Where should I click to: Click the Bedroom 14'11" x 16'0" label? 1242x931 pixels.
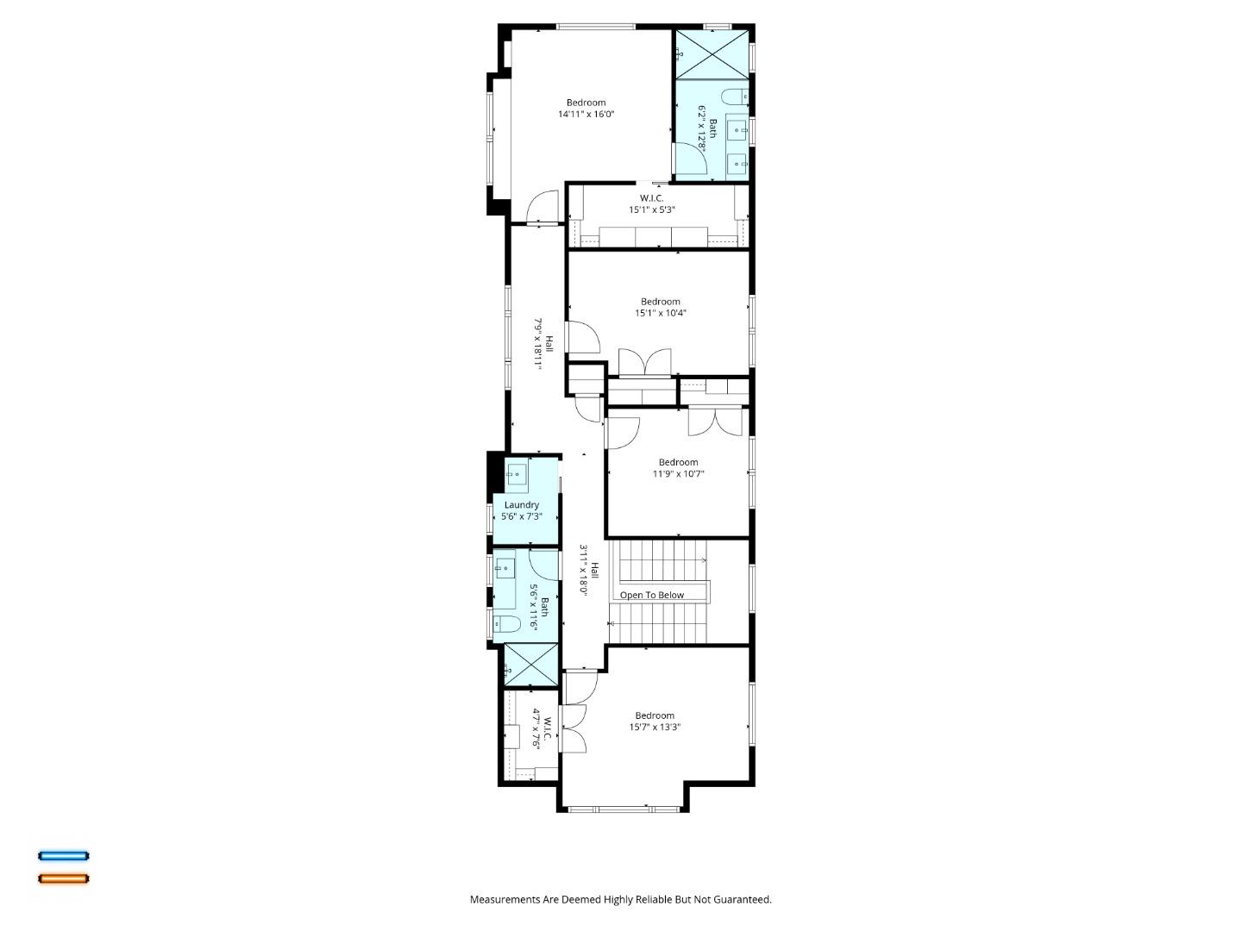(x=586, y=109)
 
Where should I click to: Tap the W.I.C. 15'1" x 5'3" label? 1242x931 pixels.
(x=651, y=204)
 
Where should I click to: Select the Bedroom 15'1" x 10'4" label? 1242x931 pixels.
(x=661, y=308)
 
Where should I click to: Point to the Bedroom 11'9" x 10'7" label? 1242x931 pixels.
(x=678, y=468)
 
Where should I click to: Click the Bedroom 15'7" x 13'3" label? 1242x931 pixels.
(x=655, y=722)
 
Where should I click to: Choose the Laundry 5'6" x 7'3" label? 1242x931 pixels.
(x=522, y=511)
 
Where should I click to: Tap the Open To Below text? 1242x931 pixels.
(x=651, y=596)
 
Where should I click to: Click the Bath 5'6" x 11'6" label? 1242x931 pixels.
(x=538, y=607)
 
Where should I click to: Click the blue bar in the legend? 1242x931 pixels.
(x=63, y=856)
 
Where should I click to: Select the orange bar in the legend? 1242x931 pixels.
(x=63, y=879)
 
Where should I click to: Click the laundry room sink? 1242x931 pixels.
(x=517, y=473)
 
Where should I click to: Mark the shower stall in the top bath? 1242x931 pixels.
(x=712, y=53)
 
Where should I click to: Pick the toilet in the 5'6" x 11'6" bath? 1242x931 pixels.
(x=506, y=624)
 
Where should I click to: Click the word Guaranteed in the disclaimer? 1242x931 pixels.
(x=743, y=900)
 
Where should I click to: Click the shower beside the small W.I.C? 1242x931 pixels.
(x=530, y=665)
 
